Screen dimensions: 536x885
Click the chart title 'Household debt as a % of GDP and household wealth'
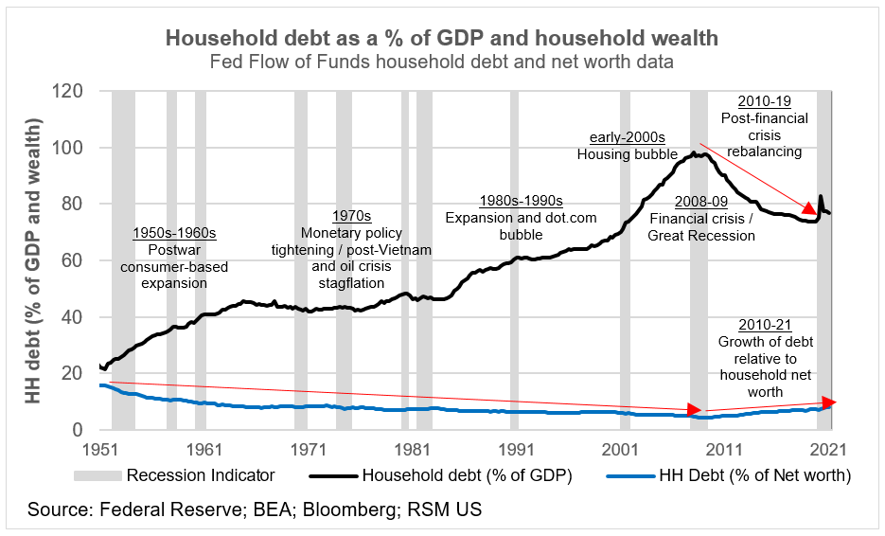[442, 38]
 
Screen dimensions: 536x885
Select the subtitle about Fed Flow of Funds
[442, 63]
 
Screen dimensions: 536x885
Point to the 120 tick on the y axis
[69, 92]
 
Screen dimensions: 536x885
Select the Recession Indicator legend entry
[186, 475]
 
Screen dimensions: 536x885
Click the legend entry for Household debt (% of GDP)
[469, 475]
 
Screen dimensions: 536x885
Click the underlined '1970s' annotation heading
[352, 216]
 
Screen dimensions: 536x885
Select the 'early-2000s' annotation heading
[628, 137]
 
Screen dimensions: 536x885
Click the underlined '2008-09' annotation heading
[701, 202]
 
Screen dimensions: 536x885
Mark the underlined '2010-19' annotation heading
[763, 101]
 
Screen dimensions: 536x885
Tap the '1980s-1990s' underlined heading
[521, 201]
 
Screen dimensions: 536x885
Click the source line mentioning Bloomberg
[255, 510]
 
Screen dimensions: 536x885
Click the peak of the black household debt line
[694, 152]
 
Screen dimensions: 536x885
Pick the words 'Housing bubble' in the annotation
[628, 154]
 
